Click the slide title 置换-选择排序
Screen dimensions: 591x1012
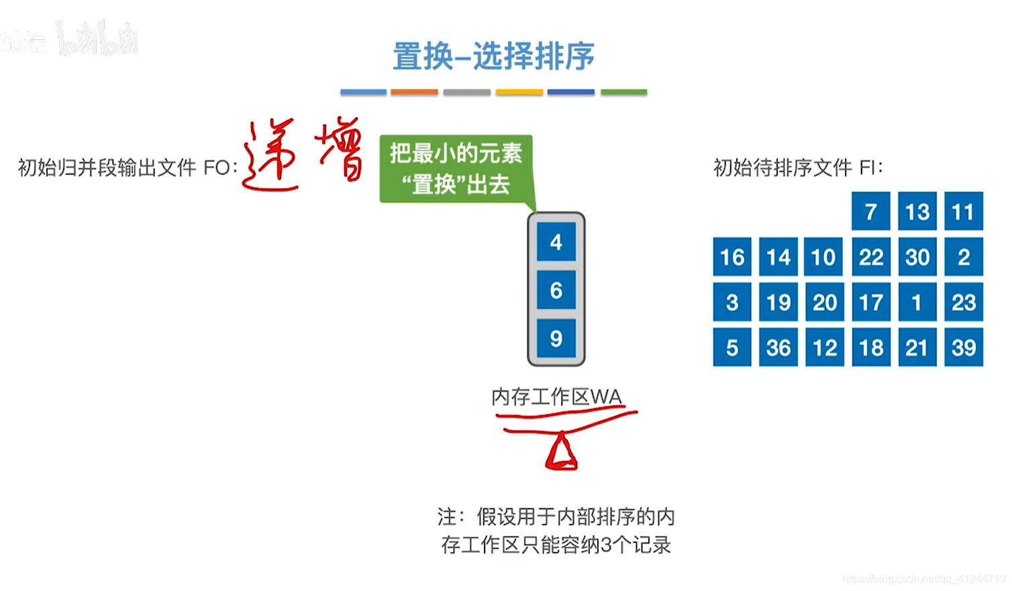coord(493,56)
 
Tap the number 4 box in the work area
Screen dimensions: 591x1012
coord(556,242)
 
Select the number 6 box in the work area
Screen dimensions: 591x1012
coord(556,290)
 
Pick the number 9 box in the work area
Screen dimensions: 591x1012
coord(556,338)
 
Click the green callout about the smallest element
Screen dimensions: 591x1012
coord(456,168)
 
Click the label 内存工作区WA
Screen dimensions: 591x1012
coord(556,397)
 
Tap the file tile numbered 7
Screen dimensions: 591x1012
coord(870,211)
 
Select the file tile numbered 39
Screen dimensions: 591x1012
coord(963,347)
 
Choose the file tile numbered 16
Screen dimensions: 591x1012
coord(731,257)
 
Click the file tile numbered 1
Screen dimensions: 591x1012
coord(917,302)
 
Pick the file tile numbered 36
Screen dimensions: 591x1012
coord(778,347)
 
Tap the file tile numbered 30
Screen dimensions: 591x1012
coord(917,257)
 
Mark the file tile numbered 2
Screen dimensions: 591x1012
coord(963,257)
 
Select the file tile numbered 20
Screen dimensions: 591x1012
coord(824,302)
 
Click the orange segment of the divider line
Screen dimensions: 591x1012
coord(414,92)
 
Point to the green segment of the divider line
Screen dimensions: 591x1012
coord(623,92)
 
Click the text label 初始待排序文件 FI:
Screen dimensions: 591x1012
coord(798,167)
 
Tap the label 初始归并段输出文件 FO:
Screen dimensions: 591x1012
coord(128,167)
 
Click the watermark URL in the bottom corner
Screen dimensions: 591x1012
coord(925,579)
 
